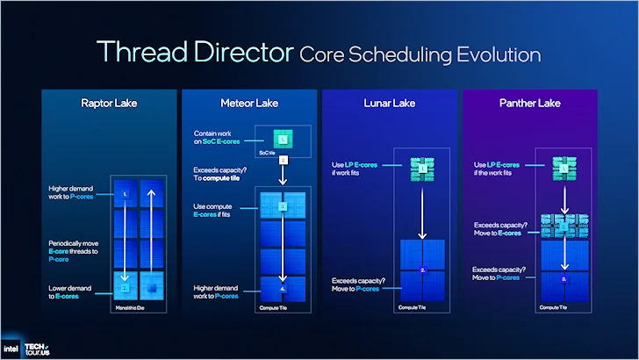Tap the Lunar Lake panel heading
389,104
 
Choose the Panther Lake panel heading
530,104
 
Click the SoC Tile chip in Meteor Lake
284,140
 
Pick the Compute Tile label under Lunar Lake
413,307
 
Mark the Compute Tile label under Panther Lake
552,307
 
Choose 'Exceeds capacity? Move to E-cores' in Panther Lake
500,228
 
